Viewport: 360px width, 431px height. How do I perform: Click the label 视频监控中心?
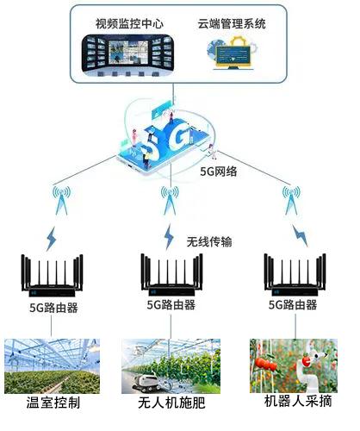[x=129, y=23]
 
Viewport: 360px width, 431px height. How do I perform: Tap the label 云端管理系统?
[x=232, y=23]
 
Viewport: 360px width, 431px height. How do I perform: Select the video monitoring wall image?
[x=127, y=55]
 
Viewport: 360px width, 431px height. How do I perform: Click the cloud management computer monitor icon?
[x=233, y=54]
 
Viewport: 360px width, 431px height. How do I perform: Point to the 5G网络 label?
[x=219, y=172]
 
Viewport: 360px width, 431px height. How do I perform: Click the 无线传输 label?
[x=209, y=241]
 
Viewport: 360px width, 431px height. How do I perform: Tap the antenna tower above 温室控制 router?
[x=61, y=200]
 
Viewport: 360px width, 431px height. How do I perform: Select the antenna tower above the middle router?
[x=170, y=200]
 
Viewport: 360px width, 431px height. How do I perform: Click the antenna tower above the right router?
[x=291, y=200]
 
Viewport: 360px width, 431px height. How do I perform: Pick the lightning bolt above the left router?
[x=52, y=239]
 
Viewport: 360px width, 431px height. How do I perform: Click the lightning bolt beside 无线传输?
[x=169, y=236]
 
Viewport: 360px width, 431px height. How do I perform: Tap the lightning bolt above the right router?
[x=301, y=235]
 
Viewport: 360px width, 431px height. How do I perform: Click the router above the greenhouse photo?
[x=52, y=276]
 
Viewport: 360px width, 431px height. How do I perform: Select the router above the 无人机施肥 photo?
[x=171, y=274]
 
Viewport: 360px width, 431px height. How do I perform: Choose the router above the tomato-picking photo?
[x=295, y=274]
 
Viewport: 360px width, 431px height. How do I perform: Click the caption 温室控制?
[x=53, y=403]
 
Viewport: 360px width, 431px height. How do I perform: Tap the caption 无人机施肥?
[x=171, y=403]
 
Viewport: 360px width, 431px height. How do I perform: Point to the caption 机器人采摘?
[x=298, y=401]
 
